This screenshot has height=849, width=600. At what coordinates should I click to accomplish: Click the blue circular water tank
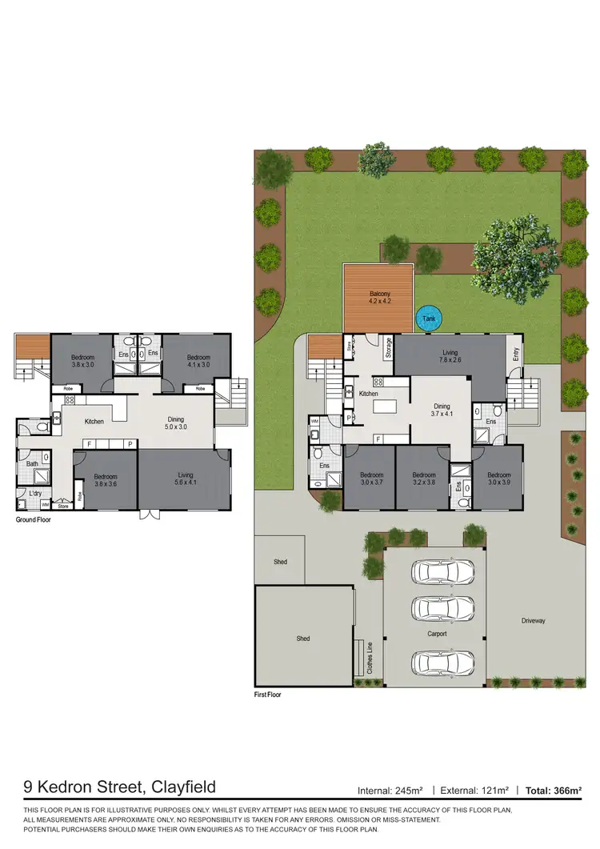point(429,318)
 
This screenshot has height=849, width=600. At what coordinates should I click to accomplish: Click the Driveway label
point(533,620)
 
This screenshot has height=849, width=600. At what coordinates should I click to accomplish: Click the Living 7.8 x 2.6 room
point(450,356)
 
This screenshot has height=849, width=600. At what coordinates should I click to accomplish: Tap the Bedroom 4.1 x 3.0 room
point(198,362)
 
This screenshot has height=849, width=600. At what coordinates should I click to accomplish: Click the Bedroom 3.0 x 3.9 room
point(498,479)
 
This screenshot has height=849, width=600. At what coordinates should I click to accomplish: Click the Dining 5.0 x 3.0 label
point(176,423)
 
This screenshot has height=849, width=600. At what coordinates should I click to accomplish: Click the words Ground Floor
point(36,520)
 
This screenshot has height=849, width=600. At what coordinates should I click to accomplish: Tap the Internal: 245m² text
point(390,791)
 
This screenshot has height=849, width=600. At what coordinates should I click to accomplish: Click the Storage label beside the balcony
point(389,348)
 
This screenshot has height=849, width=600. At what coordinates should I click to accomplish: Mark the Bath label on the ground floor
point(32,464)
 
